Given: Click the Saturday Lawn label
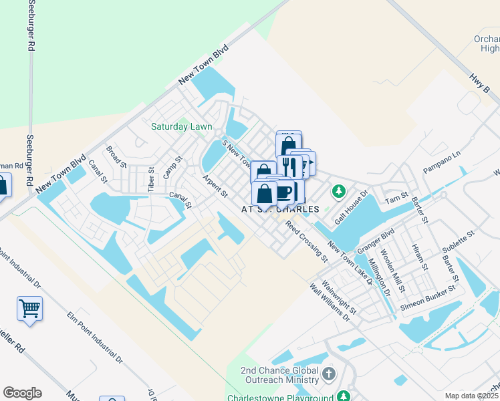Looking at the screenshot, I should (x=181, y=126).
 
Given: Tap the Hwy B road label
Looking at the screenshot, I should (x=476, y=78).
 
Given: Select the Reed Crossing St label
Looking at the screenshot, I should (x=307, y=241).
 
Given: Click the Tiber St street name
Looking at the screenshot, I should (x=151, y=181).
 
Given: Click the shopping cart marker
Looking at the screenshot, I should (x=29, y=308).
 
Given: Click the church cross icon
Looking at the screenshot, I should (x=328, y=373).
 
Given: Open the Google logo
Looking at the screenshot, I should (x=22, y=393).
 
